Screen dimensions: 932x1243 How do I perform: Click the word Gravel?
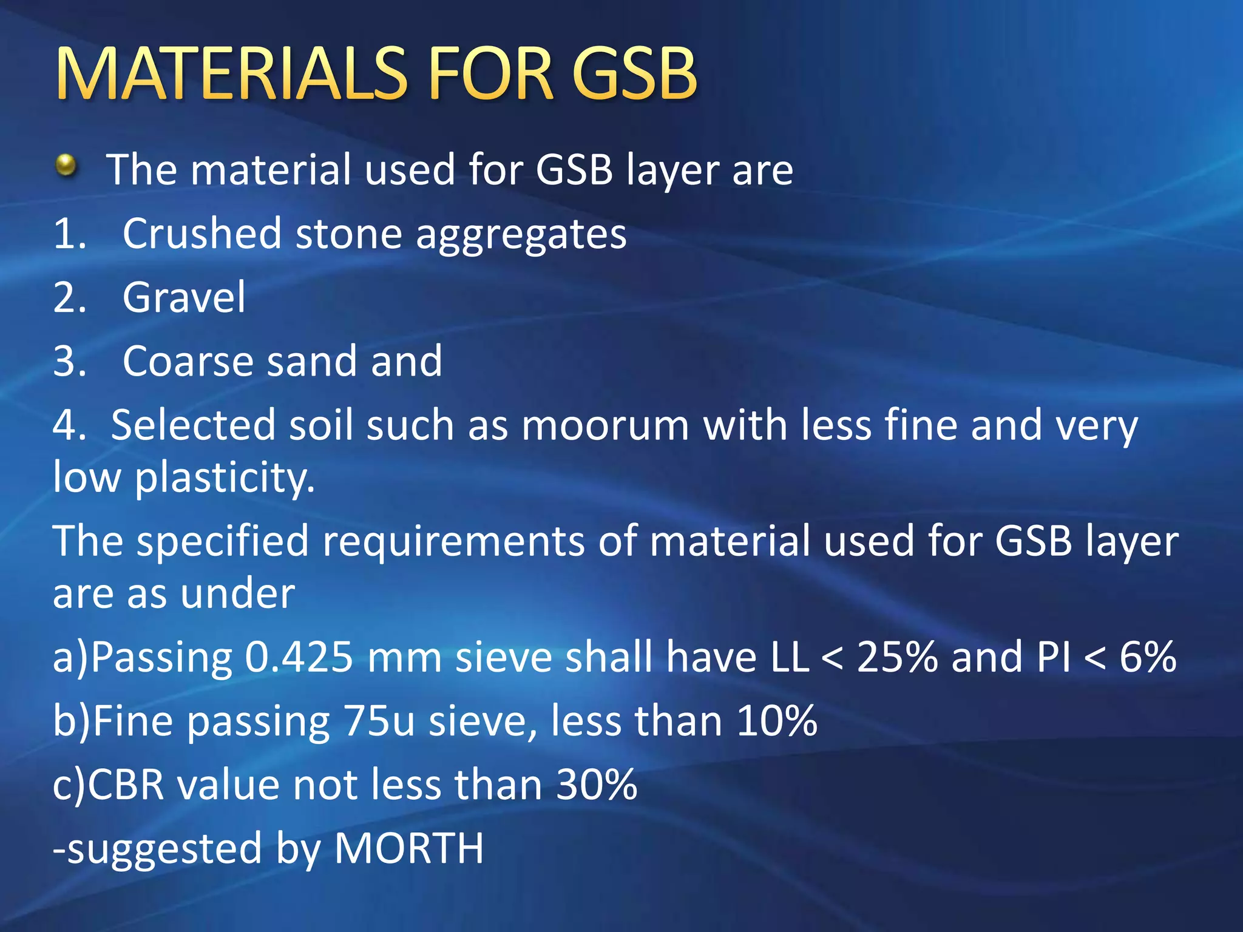coord(184,297)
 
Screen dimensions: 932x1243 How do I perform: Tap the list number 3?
coord(69,362)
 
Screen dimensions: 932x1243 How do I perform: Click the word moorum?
coord(605,425)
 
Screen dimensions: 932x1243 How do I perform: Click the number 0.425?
coord(299,657)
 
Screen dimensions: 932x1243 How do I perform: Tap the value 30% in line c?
coord(597,785)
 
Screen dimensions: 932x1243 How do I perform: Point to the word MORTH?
coord(409,849)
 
